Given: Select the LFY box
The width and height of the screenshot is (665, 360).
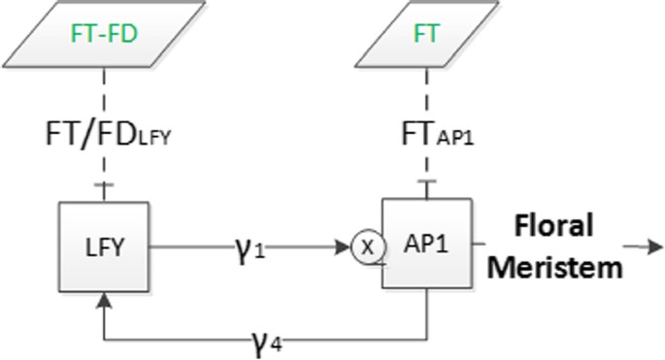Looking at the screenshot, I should (x=103, y=245).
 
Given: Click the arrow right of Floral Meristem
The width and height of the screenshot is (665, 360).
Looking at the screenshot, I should (x=643, y=246).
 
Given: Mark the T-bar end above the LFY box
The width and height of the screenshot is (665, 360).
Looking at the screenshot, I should (x=103, y=184).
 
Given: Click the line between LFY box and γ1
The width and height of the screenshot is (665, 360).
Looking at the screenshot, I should (x=189, y=245).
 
